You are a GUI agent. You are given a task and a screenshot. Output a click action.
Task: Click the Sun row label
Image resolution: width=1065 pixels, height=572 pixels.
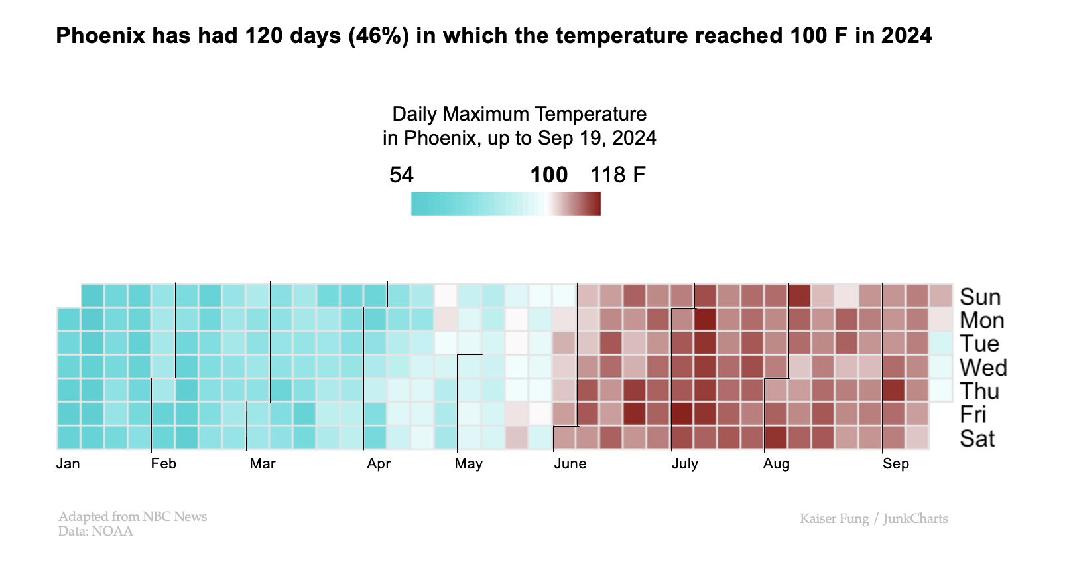(979, 297)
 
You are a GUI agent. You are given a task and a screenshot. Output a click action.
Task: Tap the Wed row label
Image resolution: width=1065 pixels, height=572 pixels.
(983, 368)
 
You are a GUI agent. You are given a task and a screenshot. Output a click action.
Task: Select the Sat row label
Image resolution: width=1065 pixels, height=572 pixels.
(977, 439)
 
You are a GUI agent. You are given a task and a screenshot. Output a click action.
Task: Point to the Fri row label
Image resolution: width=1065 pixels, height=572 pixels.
(973, 415)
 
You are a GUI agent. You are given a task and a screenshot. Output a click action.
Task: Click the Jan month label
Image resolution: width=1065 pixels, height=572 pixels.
(68, 464)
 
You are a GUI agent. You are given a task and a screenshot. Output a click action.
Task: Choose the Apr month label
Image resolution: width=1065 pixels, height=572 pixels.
(378, 464)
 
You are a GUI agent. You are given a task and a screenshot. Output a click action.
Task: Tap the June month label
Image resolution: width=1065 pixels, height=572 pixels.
(570, 464)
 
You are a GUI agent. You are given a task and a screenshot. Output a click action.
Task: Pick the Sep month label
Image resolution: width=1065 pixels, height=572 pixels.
(895, 464)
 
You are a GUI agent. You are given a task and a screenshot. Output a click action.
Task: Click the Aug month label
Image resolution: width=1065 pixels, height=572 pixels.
(776, 464)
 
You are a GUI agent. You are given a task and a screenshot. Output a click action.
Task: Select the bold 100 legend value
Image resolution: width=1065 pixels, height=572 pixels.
(548, 175)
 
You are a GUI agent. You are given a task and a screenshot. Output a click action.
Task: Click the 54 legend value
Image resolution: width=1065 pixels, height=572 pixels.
(401, 175)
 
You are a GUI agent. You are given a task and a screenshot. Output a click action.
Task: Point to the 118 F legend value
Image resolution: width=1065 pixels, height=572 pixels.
(617, 175)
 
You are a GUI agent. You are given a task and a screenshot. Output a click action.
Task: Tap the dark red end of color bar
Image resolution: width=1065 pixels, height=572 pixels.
(596, 204)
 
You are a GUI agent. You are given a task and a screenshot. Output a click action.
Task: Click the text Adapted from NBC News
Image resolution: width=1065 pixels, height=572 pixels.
(133, 516)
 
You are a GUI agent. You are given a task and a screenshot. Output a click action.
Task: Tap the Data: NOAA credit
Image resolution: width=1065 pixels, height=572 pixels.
(95, 532)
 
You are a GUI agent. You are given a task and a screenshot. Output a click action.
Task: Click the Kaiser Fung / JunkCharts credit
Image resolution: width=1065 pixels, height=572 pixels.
(873, 519)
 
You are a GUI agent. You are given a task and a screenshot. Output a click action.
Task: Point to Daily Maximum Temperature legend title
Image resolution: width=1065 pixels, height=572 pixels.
(519, 114)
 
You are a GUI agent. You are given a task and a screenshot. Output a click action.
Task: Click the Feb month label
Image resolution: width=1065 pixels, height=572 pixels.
(163, 464)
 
